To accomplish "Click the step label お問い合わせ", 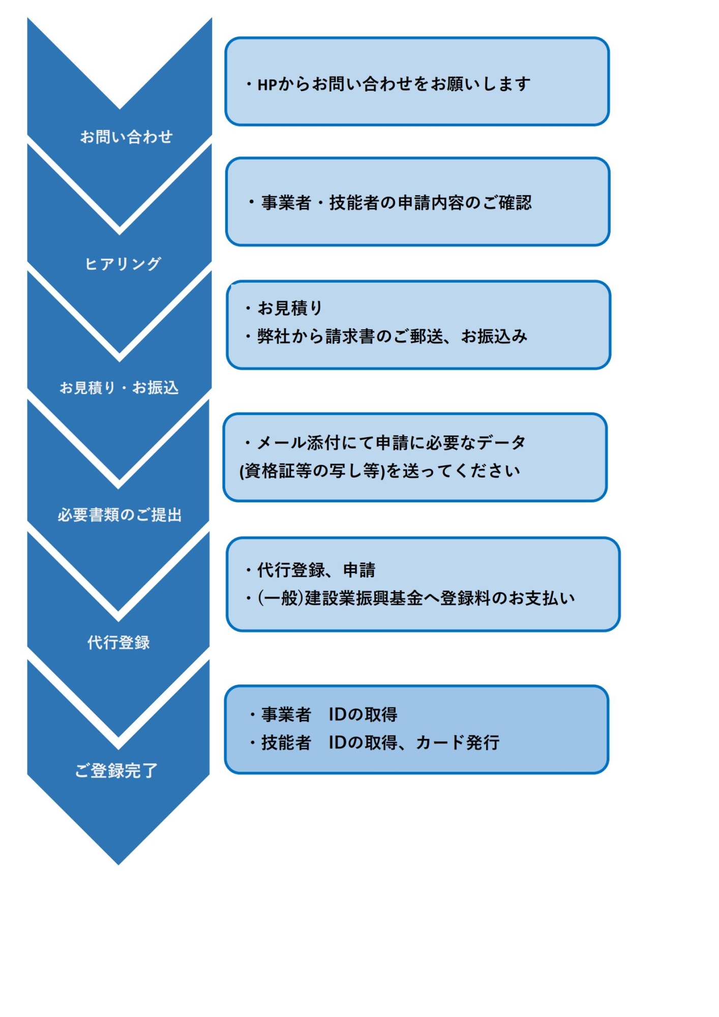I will (x=126, y=137).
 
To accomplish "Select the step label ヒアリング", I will (x=123, y=264).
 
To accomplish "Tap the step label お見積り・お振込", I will (x=119, y=388).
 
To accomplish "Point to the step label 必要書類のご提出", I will (x=119, y=515).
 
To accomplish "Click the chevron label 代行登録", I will (x=118, y=642).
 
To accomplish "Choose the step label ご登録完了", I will (x=116, y=770).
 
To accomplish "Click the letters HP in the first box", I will (x=267, y=84).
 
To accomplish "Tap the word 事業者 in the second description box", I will (x=286, y=203).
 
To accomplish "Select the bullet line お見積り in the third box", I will (x=290, y=308).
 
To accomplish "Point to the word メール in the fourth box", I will (x=281, y=443).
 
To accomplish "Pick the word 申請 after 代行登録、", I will (x=359, y=570).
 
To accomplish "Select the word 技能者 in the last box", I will (x=286, y=743).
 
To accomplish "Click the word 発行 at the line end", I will (x=483, y=743).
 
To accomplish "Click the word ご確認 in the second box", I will (x=506, y=203).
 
